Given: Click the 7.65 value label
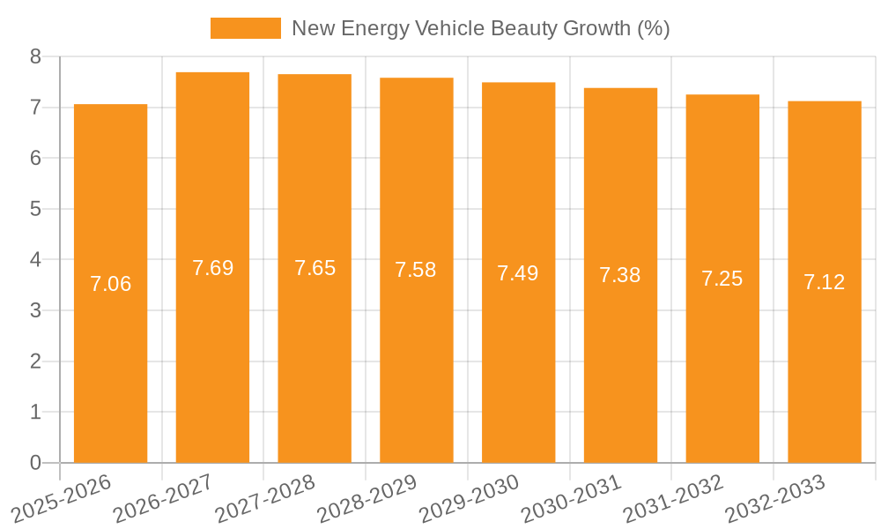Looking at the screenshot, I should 315,268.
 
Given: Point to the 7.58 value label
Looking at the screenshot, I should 416,270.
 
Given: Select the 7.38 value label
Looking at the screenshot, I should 620,275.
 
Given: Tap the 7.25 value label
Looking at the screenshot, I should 722,279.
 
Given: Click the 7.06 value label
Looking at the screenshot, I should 110,284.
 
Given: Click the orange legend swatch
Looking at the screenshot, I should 245,28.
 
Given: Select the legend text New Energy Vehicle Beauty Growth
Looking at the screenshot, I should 480,28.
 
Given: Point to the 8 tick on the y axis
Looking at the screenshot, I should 35,56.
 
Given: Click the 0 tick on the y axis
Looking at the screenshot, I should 35,463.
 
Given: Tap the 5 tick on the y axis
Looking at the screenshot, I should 35,209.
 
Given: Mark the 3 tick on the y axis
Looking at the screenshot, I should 35,310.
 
